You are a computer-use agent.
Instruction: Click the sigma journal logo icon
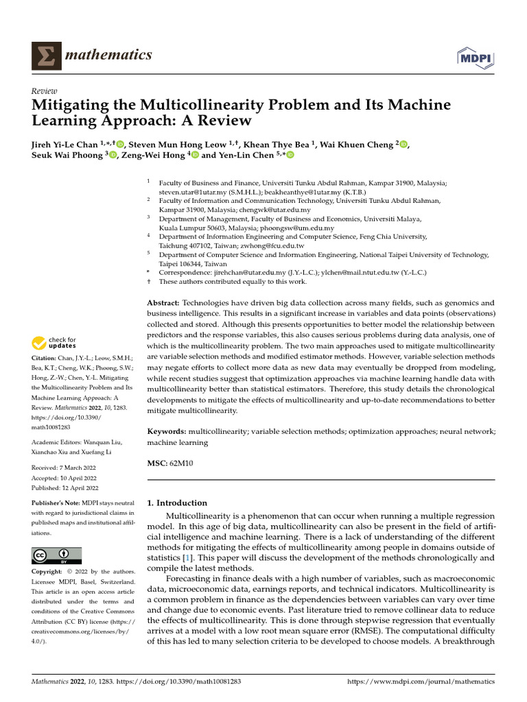[46, 56]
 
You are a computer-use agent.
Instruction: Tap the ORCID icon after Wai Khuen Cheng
[403, 144]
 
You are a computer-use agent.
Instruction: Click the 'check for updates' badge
[54, 342]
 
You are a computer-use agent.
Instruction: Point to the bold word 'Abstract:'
[163, 302]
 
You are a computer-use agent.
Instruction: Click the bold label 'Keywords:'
[167, 433]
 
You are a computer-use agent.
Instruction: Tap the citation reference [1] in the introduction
[186, 559]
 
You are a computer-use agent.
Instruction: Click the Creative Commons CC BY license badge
[56, 555]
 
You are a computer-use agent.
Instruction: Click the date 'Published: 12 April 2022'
[66, 488]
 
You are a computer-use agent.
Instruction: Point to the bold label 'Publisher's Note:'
[56, 503]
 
